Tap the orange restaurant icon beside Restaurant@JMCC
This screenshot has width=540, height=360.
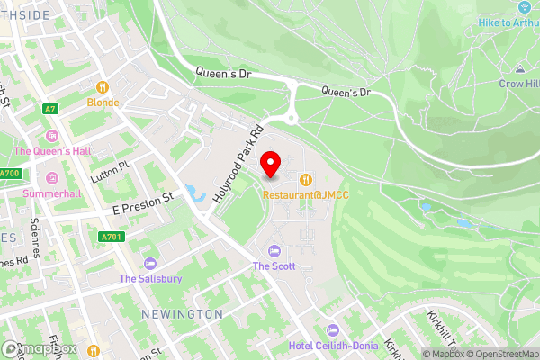pyautogui.click(x=307, y=178)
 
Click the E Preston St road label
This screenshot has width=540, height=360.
pyautogui.click(x=141, y=207)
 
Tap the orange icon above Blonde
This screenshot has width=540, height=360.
pyautogui.click(x=103, y=87)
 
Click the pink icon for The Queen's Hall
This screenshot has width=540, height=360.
pyautogui.click(x=51, y=136)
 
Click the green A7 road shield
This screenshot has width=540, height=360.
pyautogui.click(x=50, y=108)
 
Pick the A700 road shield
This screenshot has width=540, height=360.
pyautogui.click(x=9, y=173)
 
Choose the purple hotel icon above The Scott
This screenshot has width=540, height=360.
pyautogui.click(x=274, y=250)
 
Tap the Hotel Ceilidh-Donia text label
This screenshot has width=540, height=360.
pyautogui.click(x=330, y=346)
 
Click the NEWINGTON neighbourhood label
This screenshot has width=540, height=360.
pyautogui.click(x=181, y=313)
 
